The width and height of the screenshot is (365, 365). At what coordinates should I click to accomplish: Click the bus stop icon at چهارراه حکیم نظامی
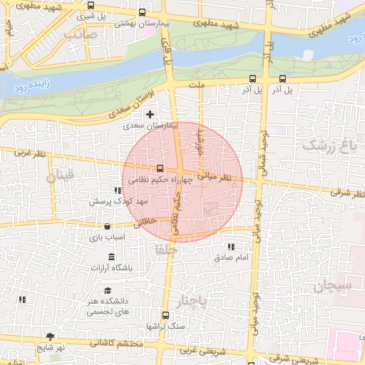pos(159,169)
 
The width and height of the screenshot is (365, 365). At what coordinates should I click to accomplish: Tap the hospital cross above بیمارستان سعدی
pos(150,114)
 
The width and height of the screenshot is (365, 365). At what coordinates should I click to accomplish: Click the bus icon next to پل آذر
pos(283,79)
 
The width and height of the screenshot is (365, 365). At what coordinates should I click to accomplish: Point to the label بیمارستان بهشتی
pos(143,24)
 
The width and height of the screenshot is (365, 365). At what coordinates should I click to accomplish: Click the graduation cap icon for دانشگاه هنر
pos(107,290)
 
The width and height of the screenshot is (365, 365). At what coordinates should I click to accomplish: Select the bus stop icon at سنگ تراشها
pos(166,314)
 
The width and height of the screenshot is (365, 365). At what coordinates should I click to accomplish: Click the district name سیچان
pos(332,287)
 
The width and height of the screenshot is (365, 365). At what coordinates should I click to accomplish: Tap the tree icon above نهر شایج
pos(49,336)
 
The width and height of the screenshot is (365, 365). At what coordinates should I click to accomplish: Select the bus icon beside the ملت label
pos(252,79)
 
